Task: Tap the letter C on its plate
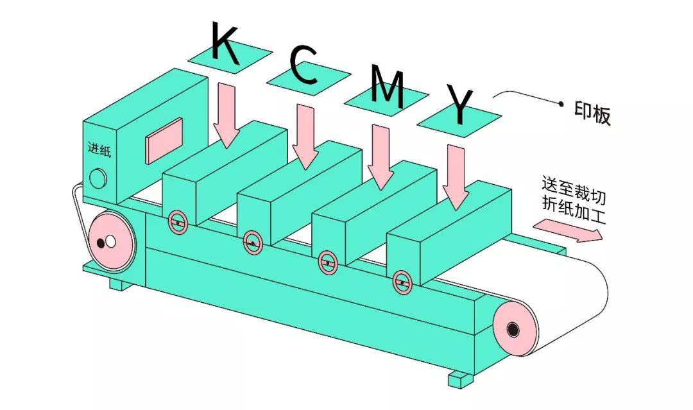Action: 304,67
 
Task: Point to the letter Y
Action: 460,106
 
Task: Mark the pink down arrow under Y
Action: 456,176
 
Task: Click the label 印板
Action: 592,114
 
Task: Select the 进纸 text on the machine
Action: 99,149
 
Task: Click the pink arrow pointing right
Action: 568,231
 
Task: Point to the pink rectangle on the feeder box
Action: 165,140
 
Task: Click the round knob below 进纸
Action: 99,178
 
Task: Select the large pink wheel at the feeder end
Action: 110,241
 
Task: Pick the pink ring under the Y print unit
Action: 403,282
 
